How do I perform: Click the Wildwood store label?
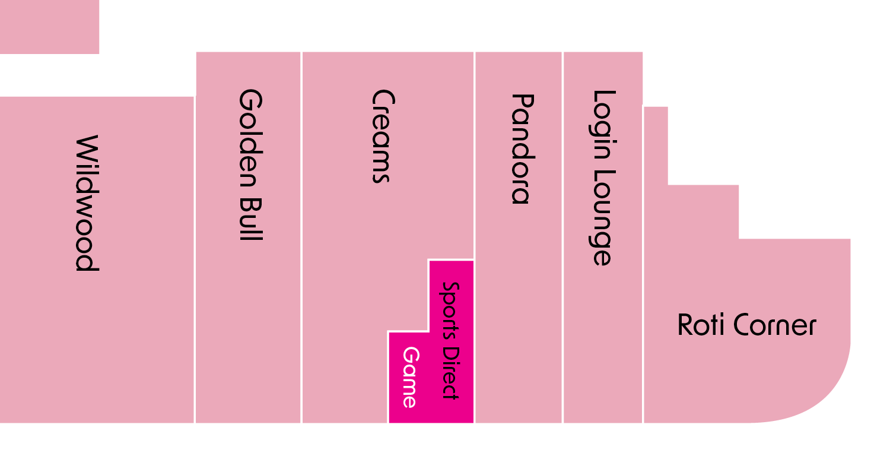click(87, 203)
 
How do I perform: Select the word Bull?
click(251, 220)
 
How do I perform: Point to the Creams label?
click(383, 137)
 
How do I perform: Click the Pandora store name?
click(523, 149)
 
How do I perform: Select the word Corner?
click(775, 325)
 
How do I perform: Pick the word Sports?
click(450, 311)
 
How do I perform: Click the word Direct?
click(450, 373)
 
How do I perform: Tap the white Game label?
click(411, 377)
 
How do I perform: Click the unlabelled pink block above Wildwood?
click(49, 27)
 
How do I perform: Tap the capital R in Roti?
click(686, 325)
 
